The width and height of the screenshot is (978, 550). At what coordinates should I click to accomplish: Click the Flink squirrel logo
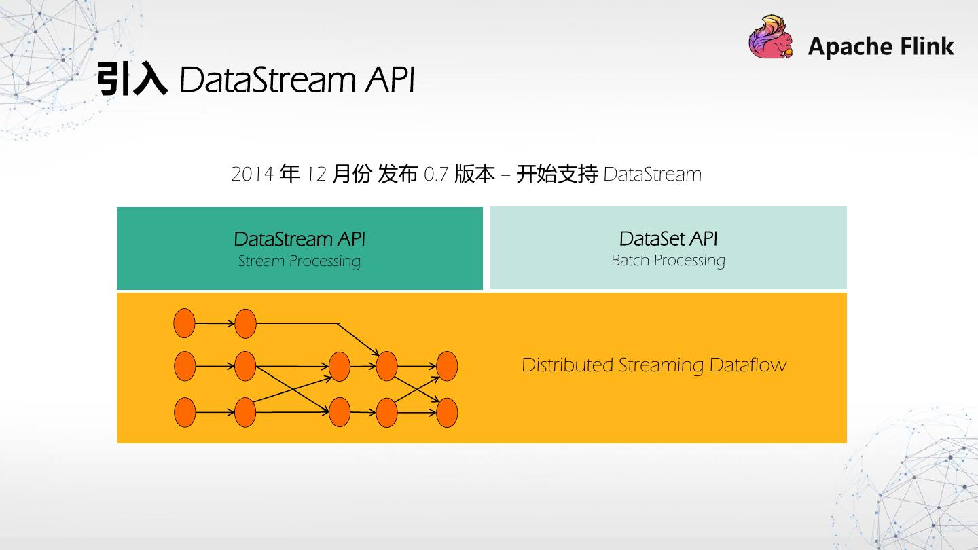pos(771,38)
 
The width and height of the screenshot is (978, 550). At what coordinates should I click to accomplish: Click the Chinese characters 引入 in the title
pos(131,80)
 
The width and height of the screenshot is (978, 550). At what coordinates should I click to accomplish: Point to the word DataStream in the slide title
pos(268,80)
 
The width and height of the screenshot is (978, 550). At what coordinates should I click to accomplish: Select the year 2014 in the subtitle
pos(251,175)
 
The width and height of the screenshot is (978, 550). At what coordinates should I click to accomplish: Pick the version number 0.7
pos(436,175)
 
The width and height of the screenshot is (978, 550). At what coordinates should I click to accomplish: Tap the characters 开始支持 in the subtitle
pos(556,175)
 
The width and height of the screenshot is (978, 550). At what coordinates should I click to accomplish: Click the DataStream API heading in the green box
pos(300,239)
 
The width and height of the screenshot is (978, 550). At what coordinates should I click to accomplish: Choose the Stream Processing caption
pos(299,261)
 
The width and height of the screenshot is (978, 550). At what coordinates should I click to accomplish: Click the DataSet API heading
pos(668,239)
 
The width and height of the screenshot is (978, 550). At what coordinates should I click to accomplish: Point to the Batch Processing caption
pos(668,261)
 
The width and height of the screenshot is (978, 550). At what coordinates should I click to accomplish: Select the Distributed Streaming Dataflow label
pos(653,365)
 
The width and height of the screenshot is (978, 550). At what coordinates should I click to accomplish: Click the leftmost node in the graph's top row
pos(184,323)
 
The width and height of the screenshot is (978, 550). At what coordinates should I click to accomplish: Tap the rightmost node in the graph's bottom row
pos(447,413)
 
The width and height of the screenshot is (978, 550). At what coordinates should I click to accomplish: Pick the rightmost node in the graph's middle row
pos(447,367)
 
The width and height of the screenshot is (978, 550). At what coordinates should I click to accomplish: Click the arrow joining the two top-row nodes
pos(215,323)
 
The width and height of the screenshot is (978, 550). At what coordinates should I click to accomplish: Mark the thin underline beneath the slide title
pos(152,111)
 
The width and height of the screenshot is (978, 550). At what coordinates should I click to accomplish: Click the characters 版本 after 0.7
pos(475,175)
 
